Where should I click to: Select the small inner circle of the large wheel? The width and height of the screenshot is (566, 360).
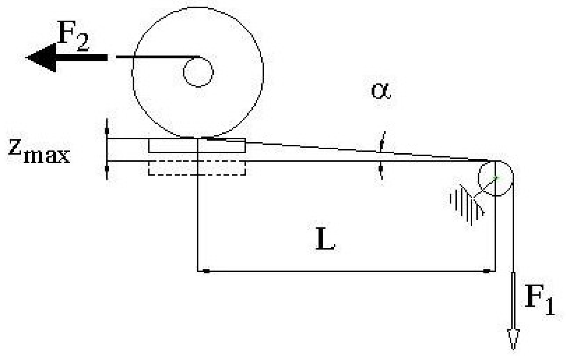point(198,72)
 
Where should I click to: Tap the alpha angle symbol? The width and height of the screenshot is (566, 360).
point(381,91)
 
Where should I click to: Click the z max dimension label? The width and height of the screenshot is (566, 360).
point(39,152)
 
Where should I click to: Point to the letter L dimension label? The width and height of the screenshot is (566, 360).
point(325,241)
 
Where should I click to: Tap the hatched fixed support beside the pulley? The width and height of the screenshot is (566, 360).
point(466,204)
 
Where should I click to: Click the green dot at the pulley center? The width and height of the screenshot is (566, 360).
point(496,178)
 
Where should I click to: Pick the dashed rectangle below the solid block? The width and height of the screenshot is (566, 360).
point(197,168)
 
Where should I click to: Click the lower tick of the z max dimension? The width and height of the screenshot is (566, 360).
point(107,169)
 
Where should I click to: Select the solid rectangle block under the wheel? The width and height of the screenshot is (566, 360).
point(197,145)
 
